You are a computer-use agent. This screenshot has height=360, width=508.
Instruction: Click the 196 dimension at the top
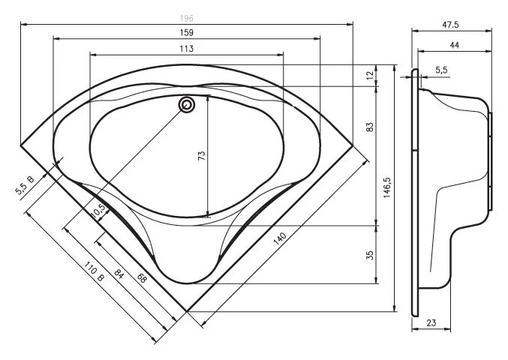pos(186,18)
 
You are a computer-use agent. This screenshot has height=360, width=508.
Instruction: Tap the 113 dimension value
pos(187,48)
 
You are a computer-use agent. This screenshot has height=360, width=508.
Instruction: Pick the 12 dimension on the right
pos(369,75)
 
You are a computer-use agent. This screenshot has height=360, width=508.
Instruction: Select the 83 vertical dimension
pos(369,127)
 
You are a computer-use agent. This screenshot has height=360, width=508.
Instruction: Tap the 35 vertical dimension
pos(369,255)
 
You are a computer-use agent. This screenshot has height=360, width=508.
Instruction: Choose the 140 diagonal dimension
pos(280,238)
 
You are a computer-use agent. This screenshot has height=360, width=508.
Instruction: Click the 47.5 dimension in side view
pos(450,25)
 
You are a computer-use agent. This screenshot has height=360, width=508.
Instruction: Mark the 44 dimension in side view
pos(454,46)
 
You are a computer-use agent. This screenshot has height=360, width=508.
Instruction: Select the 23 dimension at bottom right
pos(431,322)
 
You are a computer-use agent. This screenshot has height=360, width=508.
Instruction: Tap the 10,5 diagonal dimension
pos(97,212)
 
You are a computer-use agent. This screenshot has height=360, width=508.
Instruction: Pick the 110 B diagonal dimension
pos(94,274)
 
